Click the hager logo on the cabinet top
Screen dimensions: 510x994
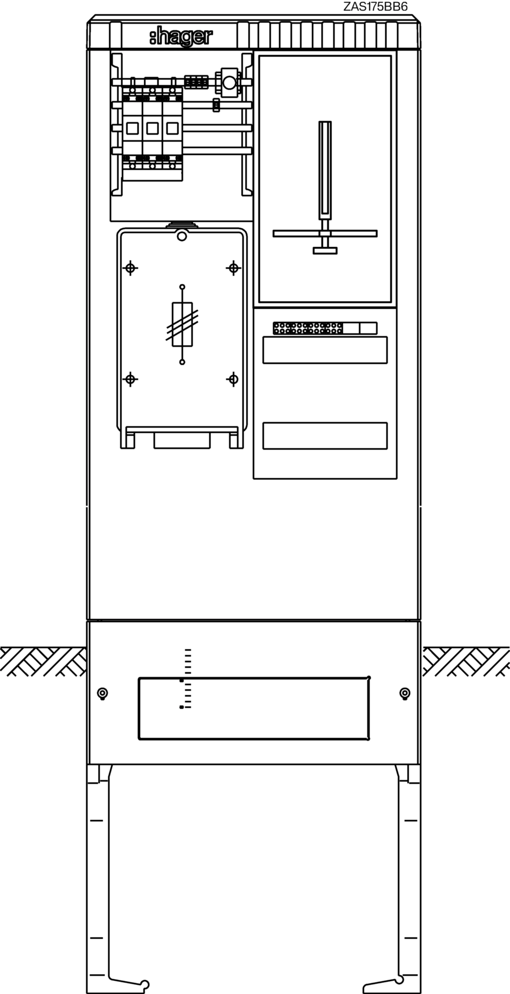coord(181,37)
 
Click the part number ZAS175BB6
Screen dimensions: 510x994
coord(375,6)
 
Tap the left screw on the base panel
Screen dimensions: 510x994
coord(102,693)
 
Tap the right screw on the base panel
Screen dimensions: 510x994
coord(404,693)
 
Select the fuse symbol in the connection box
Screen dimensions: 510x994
coord(182,324)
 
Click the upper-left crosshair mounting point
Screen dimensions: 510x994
coord(131,268)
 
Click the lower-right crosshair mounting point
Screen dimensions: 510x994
coord(234,379)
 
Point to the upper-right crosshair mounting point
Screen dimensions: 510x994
coord(234,268)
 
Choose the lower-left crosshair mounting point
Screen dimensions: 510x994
coord(131,379)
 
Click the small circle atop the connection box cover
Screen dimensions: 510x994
coord(182,237)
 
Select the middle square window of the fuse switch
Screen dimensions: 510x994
coord(152,128)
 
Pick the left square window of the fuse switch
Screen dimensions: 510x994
coord(132,128)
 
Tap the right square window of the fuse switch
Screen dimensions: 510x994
coord(172,128)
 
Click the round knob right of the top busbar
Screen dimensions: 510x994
coord(229,83)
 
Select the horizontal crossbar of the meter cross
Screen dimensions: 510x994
coord(325,233)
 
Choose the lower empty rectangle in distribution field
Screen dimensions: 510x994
coord(325,435)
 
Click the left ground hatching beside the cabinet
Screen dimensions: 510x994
coord(43,661)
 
